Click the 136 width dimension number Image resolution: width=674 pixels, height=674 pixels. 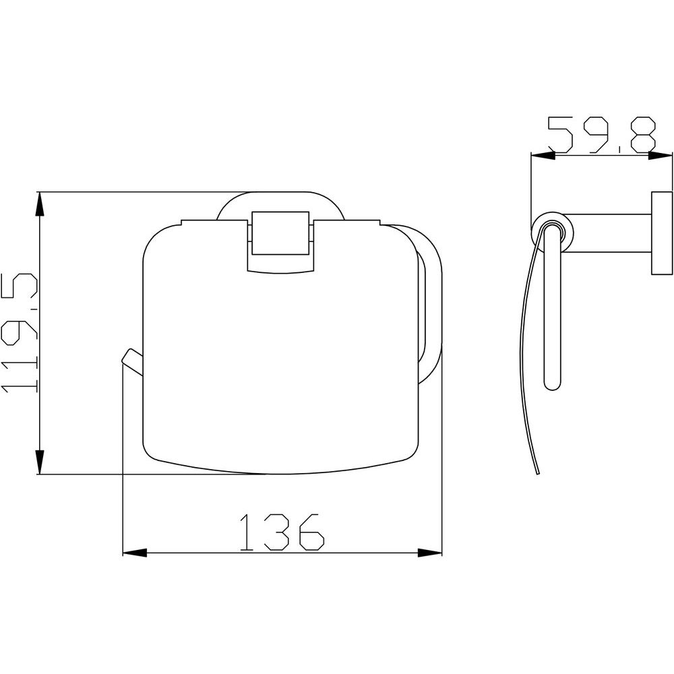click(282, 532)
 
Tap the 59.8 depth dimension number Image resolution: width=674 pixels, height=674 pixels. click(602, 135)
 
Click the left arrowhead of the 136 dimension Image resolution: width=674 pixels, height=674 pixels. click(135, 553)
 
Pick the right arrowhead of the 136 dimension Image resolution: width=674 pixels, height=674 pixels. click(430, 553)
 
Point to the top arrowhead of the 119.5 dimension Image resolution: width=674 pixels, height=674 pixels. click(40, 204)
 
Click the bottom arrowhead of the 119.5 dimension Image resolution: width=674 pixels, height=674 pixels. click(40, 462)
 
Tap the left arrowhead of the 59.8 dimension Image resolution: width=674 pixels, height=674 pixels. click(543, 156)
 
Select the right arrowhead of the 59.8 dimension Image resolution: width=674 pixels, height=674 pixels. click(660, 156)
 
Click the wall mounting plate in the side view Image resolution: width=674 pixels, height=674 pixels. click(662, 232)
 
